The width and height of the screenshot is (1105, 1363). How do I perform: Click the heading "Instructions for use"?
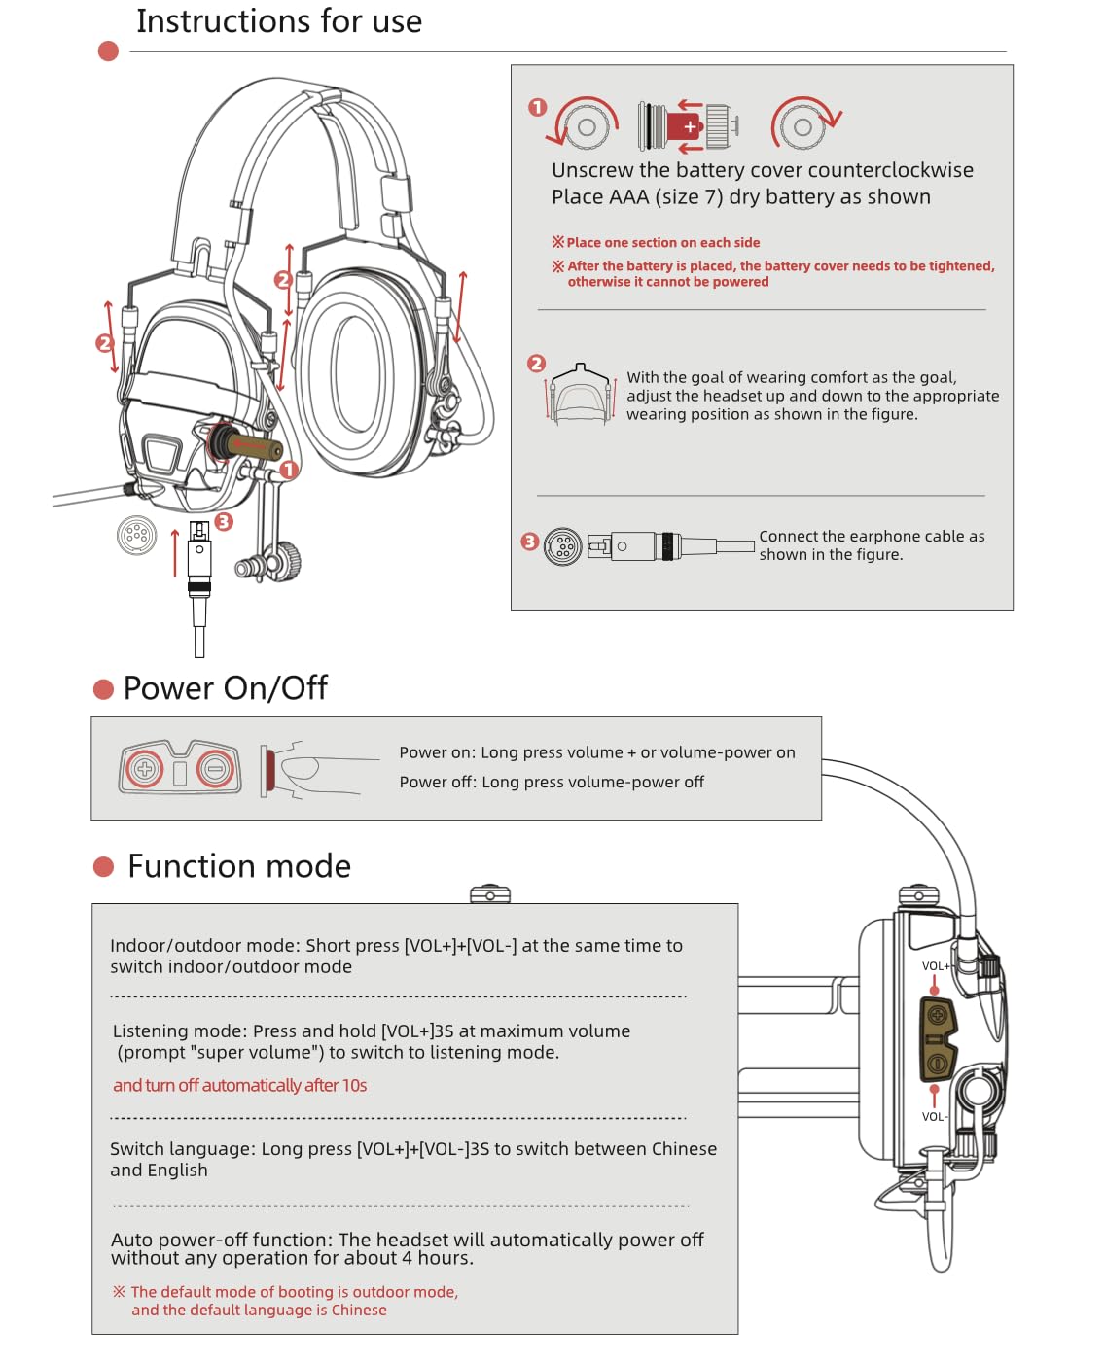pyautogui.click(x=279, y=21)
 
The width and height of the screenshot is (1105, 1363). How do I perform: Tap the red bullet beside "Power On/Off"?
pyautogui.click(x=103, y=689)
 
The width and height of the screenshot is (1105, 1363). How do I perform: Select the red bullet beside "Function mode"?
pyautogui.click(x=103, y=866)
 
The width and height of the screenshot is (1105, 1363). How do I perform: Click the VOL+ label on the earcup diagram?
pyautogui.click(x=936, y=966)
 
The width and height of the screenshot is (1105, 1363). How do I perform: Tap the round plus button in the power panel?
pyautogui.click(x=145, y=770)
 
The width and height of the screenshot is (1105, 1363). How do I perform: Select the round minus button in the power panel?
pyautogui.click(x=215, y=770)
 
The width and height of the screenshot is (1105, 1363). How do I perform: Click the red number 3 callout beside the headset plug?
pyautogui.click(x=224, y=522)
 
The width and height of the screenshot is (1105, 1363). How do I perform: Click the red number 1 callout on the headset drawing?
pyautogui.click(x=288, y=470)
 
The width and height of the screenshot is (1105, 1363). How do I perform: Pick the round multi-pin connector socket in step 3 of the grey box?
pyautogui.click(x=562, y=546)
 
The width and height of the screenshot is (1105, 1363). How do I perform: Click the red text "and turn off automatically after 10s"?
pyautogui.click(x=240, y=1085)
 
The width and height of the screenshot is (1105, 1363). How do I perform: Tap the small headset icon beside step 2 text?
pyautogui.click(x=581, y=395)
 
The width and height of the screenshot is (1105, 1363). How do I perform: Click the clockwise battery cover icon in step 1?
pyautogui.click(x=803, y=125)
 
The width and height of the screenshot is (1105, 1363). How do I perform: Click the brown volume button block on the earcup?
pyautogui.click(x=938, y=1039)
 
